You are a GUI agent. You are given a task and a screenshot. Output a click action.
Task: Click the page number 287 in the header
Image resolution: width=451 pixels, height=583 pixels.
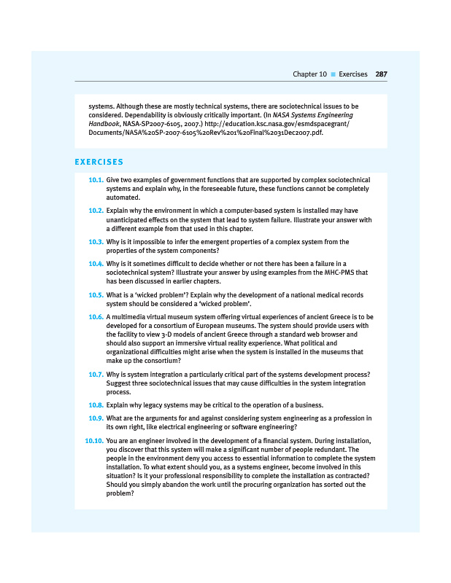pyautogui.click(x=381, y=74)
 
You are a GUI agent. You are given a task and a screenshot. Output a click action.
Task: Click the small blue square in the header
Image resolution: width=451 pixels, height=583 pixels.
pyautogui.click(x=333, y=74)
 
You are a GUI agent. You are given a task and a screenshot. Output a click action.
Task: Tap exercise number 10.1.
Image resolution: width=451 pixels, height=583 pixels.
pyautogui.click(x=95, y=179)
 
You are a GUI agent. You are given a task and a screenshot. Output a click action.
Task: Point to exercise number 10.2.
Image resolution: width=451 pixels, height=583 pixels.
pyautogui.click(x=95, y=211)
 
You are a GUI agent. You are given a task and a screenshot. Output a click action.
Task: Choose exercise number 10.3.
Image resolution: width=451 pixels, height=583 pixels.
pyautogui.click(x=95, y=242)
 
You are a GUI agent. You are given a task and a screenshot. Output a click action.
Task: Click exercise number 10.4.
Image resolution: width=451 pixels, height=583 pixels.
pyautogui.click(x=95, y=263)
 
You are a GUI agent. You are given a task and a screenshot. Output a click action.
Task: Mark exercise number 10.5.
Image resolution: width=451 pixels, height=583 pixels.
pyautogui.click(x=95, y=295)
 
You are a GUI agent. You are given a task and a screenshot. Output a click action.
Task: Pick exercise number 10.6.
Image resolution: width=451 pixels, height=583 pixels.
pyautogui.click(x=95, y=317)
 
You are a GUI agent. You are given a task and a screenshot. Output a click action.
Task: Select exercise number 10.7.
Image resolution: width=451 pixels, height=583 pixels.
pyautogui.click(x=95, y=374)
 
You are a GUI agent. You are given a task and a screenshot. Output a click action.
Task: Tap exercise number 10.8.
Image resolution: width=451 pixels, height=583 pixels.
pyautogui.click(x=95, y=404)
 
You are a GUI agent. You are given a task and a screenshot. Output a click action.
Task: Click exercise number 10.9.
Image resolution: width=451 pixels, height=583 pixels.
pyautogui.click(x=95, y=418)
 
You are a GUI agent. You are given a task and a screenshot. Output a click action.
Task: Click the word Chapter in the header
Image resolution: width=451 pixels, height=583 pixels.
pyautogui.click(x=305, y=74)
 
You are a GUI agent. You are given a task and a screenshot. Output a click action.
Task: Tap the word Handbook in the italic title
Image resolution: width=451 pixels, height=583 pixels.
pyautogui.click(x=103, y=125)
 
